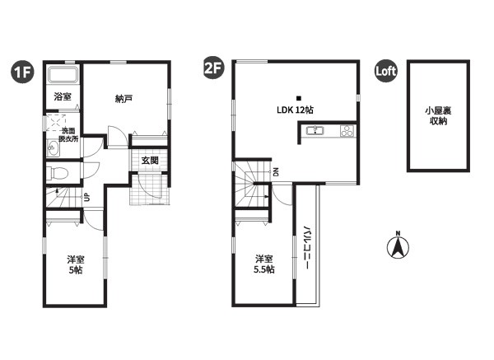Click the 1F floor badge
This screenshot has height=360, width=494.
23,72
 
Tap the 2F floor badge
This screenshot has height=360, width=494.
214,68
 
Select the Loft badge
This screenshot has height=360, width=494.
386,71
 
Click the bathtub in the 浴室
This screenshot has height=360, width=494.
63,75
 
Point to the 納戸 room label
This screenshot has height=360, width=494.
123,99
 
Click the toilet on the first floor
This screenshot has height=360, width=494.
57,173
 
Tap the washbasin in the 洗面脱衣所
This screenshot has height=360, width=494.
53,147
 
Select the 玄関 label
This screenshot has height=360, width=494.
150,161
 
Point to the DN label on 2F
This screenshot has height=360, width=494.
276,172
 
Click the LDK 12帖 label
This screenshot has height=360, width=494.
295,110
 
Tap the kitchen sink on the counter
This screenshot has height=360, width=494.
314,130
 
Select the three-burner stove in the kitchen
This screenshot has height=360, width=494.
347,130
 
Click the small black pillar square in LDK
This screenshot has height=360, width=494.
299,98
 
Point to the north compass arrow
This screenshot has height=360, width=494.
398,246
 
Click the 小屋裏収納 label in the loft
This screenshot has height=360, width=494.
438,115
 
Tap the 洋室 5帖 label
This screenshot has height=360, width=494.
76,264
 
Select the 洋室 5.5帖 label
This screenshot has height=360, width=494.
264,264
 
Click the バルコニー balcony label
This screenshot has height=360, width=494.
306,247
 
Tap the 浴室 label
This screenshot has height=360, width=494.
63,96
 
